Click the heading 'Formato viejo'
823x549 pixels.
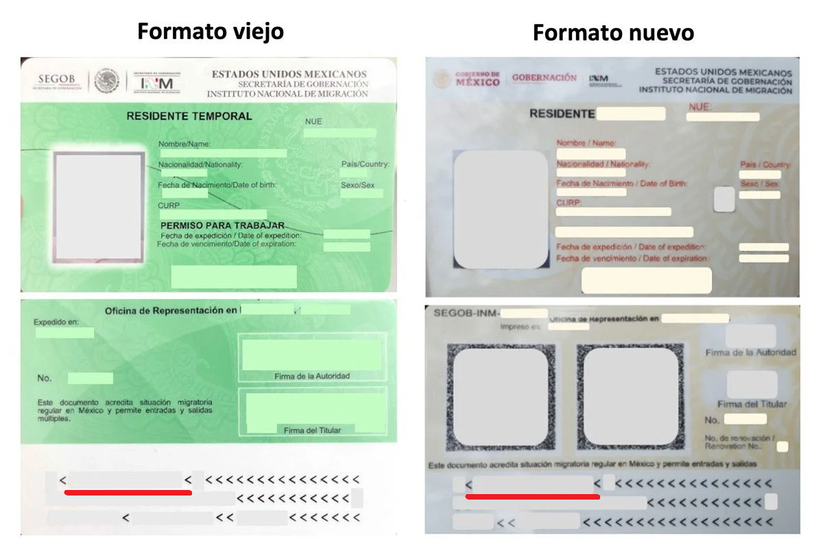210,32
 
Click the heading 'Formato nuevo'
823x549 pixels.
613,32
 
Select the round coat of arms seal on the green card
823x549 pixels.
106,81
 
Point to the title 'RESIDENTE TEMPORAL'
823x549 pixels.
189,117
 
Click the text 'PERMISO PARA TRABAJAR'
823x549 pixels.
222,226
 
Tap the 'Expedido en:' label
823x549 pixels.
56,322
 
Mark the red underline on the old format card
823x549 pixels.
128,492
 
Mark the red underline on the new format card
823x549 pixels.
532,496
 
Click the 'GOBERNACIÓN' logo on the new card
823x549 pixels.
544,78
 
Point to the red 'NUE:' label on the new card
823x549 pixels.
700,107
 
